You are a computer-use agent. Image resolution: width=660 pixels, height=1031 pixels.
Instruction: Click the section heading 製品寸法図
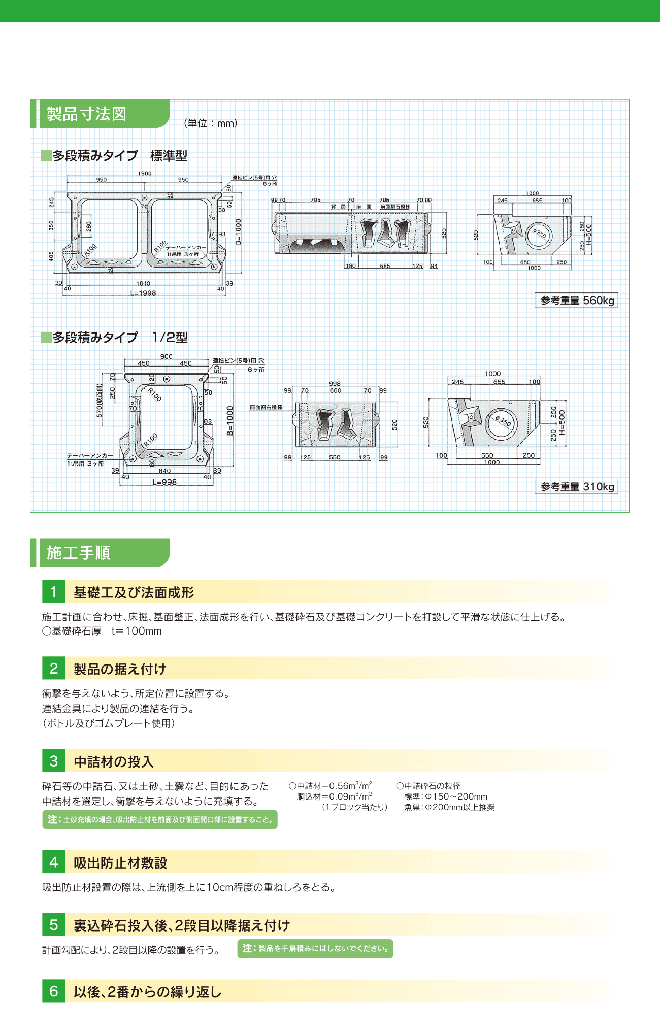(x=86, y=114)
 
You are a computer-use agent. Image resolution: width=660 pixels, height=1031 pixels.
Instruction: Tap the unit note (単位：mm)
(x=210, y=123)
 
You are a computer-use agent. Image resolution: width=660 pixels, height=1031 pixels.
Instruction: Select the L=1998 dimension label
(x=143, y=293)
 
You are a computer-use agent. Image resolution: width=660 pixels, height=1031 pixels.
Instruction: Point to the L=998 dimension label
(x=164, y=482)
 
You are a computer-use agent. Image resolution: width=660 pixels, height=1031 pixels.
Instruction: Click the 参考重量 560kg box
(x=576, y=301)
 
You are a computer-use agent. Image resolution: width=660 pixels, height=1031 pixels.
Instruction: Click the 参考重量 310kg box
(x=576, y=487)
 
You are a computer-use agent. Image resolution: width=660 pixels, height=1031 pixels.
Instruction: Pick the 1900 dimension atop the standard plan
(x=145, y=174)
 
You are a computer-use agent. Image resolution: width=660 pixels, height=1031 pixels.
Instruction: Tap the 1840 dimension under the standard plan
(x=144, y=284)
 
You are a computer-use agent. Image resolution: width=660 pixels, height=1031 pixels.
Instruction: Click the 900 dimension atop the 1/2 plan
(x=167, y=356)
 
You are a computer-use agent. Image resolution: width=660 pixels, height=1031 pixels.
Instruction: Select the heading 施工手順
(x=79, y=553)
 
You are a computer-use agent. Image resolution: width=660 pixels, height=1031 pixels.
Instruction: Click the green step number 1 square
(x=54, y=592)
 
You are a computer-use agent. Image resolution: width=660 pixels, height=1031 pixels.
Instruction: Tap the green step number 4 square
(x=54, y=862)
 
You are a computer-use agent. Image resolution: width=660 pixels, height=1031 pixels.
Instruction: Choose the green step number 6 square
(x=54, y=991)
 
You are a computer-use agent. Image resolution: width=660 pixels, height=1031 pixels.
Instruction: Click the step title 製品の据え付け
(x=120, y=669)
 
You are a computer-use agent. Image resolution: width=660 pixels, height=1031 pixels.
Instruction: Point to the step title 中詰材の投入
(x=114, y=761)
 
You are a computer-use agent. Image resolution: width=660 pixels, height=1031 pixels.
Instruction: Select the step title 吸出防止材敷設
(x=120, y=862)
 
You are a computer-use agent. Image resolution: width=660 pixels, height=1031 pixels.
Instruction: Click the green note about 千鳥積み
(x=315, y=948)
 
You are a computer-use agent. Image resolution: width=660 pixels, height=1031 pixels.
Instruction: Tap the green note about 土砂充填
(x=160, y=819)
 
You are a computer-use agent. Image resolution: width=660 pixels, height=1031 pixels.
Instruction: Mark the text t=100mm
(x=137, y=631)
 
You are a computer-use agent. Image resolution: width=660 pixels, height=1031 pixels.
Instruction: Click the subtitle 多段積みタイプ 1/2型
(x=120, y=338)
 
